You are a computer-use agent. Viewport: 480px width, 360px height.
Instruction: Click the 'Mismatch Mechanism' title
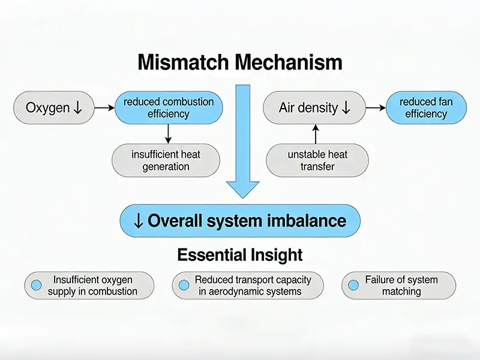click(240, 62)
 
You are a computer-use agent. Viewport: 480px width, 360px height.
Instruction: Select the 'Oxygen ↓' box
click(53, 108)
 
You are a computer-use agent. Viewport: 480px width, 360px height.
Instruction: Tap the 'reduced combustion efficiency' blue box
click(169, 108)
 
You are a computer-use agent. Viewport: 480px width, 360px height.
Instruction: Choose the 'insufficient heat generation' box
click(166, 160)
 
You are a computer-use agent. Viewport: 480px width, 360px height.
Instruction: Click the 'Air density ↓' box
click(314, 108)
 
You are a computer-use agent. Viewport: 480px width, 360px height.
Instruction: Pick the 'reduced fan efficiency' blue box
click(425, 108)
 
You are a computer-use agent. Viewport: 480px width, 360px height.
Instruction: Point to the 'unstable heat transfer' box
click(317, 160)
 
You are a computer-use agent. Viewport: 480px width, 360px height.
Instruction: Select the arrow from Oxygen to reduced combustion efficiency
click(104, 108)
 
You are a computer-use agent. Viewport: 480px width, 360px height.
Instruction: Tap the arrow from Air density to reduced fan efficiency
click(375, 108)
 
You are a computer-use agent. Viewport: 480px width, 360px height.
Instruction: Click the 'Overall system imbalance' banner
click(240, 220)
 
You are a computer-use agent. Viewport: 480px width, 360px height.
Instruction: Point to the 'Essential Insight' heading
click(240, 255)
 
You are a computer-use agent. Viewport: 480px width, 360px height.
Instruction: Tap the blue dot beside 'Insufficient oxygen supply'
click(36, 286)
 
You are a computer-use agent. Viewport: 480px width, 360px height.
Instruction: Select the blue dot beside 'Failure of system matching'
click(353, 286)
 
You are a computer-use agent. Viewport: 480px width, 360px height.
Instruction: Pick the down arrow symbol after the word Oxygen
click(77, 109)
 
